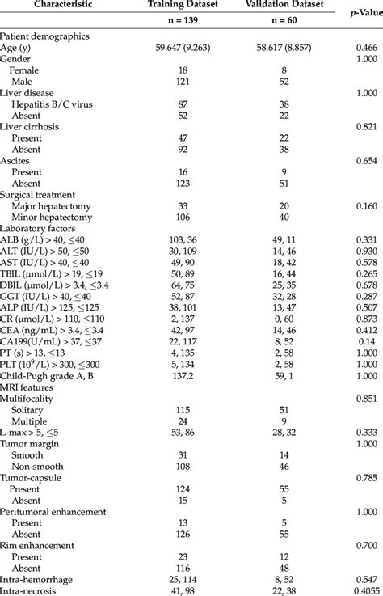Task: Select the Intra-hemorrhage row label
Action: pyautogui.click(x=36, y=579)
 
